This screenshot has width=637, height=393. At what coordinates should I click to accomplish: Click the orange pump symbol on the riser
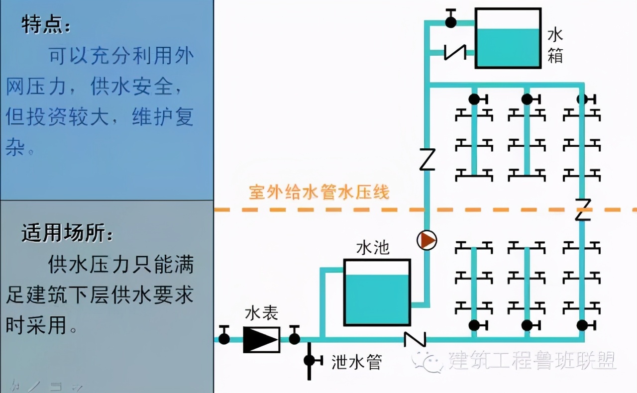[426, 240]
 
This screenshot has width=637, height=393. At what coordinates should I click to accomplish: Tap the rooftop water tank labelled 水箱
[508, 38]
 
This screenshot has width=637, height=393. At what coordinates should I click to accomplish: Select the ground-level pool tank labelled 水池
[377, 293]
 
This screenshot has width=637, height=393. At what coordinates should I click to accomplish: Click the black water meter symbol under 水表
[261, 339]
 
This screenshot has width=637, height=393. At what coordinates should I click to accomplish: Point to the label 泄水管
[356, 362]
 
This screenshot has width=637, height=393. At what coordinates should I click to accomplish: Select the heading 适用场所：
[67, 233]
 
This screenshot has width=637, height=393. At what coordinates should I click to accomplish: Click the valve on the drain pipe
[310, 360]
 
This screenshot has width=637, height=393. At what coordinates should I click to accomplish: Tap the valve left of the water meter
[224, 338]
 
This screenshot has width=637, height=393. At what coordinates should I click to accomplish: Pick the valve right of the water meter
[295, 338]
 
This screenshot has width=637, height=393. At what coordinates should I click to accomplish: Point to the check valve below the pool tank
[415, 339]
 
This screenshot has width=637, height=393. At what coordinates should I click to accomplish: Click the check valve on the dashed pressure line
[582, 209]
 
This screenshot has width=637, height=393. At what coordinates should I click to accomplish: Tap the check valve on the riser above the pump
[427, 159]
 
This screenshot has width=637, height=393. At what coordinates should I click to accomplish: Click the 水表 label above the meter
[261, 313]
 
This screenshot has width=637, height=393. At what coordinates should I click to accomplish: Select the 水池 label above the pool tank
[373, 248]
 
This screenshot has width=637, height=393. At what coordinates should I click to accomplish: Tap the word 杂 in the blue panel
[15, 147]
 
